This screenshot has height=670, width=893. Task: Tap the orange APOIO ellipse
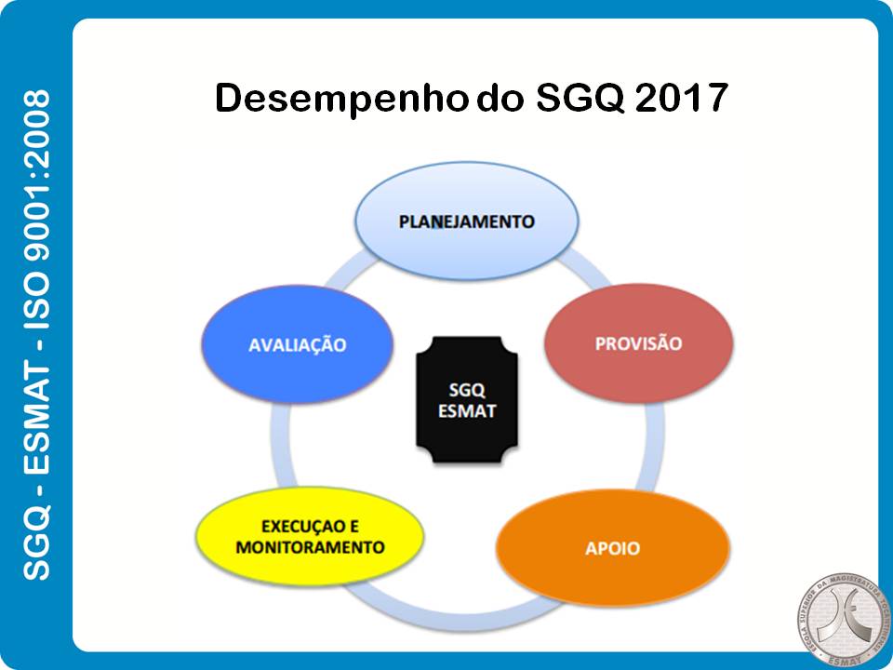click(x=613, y=548)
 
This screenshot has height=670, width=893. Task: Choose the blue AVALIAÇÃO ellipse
click(x=297, y=345)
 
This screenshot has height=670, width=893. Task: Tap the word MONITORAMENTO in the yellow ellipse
click(x=310, y=547)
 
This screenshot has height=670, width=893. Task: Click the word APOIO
click(x=613, y=548)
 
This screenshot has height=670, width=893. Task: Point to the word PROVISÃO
click(x=638, y=344)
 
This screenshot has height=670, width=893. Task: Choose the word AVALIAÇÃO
click(x=297, y=345)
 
